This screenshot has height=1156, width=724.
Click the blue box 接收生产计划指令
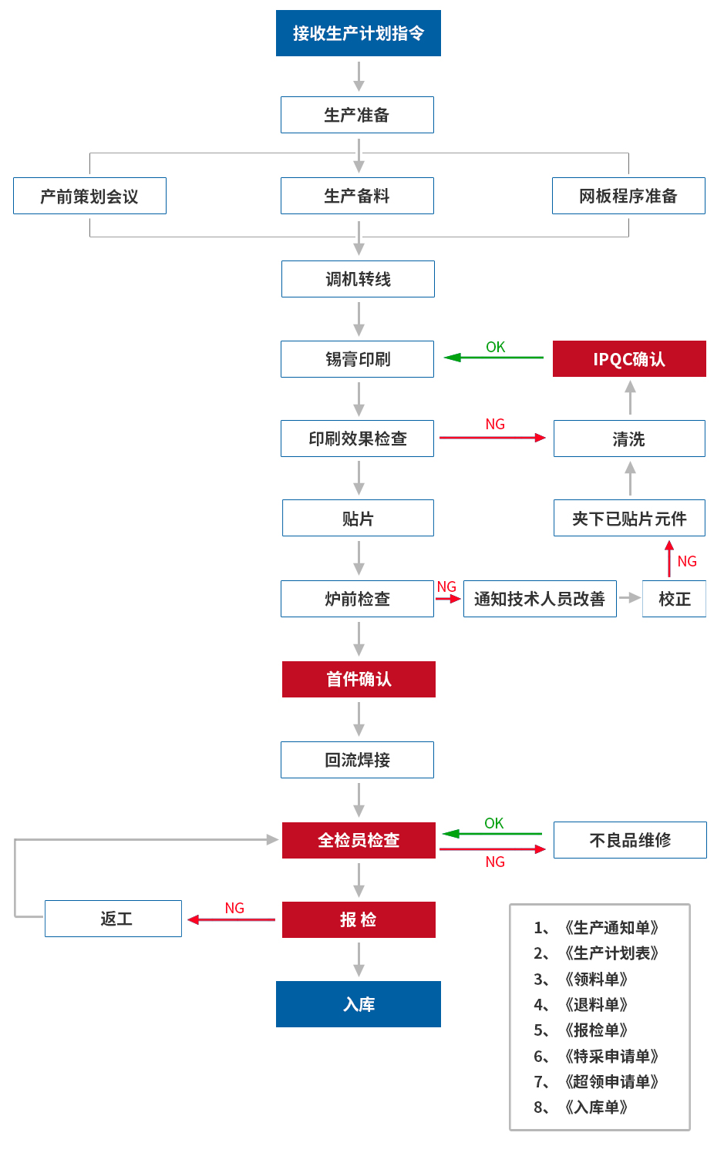(x=358, y=33)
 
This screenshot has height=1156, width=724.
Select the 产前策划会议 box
(x=89, y=196)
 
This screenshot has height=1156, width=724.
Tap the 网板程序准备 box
(x=628, y=196)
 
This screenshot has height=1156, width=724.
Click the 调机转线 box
(x=358, y=279)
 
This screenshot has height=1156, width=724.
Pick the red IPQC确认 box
(x=629, y=359)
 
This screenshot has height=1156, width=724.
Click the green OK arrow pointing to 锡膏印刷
(x=493, y=358)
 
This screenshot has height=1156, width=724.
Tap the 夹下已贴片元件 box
(x=629, y=518)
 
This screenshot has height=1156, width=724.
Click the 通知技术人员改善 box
(x=540, y=599)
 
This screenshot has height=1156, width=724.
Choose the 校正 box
(x=674, y=599)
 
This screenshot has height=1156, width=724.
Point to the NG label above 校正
(x=687, y=562)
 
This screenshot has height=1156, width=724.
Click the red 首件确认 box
(x=359, y=679)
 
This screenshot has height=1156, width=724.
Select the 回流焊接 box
(x=357, y=760)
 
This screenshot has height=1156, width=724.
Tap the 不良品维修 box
(x=630, y=840)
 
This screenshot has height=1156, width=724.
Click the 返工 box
(x=113, y=919)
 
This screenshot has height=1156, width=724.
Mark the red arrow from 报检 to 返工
(x=231, y=919)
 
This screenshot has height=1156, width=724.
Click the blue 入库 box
(x=359, y=1004)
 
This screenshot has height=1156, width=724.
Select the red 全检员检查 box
(x=359, y=840)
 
